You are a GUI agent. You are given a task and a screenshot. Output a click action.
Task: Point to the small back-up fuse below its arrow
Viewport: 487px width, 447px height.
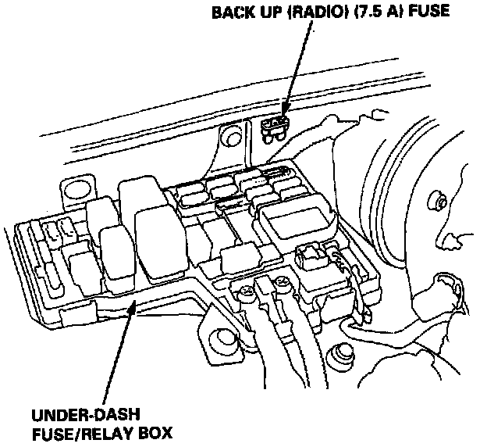[274, 125]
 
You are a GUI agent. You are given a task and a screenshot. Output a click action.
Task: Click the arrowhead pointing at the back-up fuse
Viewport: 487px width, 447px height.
[283, 105]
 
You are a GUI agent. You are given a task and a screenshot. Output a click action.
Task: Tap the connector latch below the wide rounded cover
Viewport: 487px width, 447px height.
[311, 254]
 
